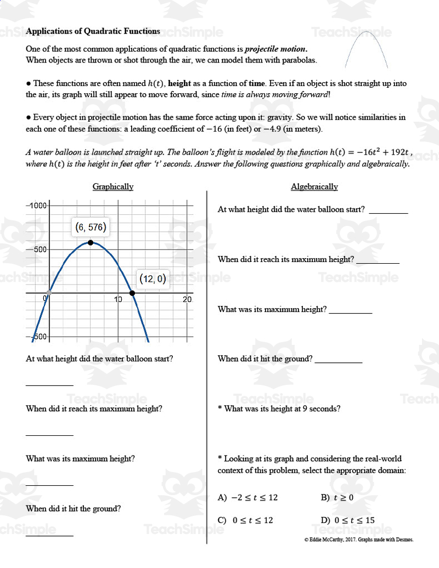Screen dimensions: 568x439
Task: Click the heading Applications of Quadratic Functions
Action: click(93, 31)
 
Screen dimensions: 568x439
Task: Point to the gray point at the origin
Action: click(49, 293)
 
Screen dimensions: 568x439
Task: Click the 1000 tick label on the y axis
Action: click(38, 205)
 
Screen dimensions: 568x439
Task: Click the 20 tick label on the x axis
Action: click(187, 299)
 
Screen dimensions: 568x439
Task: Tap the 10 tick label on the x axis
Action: click(118, 299)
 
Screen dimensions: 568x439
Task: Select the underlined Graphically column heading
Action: click(113, 186)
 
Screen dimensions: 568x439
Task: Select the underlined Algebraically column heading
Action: click(314, 186)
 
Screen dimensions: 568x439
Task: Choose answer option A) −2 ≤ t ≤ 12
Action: click(248, 498)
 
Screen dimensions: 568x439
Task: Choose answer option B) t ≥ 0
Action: click(337, 498)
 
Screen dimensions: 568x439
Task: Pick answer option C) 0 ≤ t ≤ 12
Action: click(245, 520)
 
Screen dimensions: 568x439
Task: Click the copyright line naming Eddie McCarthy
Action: click(359, 539)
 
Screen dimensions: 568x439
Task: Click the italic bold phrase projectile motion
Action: click(276, 49)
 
